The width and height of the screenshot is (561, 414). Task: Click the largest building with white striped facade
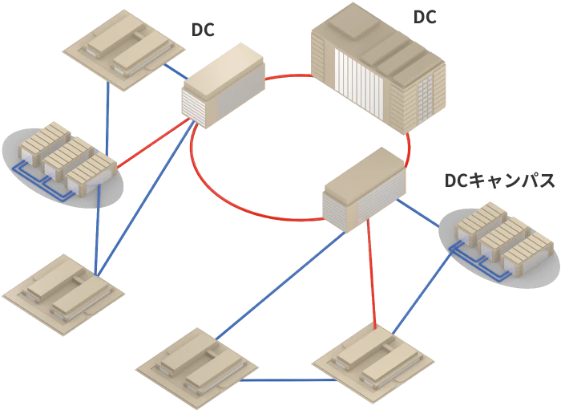coord(377,68)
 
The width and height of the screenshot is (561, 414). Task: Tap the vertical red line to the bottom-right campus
coord(370,273)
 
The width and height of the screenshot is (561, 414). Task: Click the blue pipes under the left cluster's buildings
coord(48,181)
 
